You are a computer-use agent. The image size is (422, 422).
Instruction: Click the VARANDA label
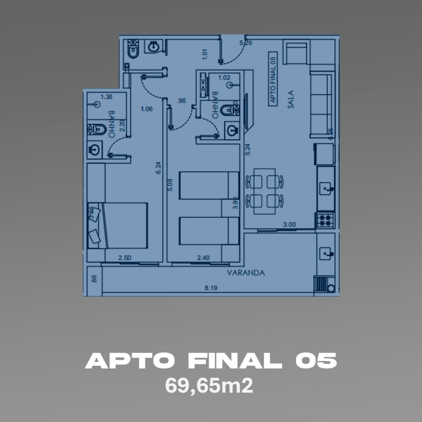click(x=245, y=273)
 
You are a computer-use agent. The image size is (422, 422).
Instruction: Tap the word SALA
click(x=290, y=100)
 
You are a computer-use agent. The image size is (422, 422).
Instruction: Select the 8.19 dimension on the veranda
click(x=211, y=288)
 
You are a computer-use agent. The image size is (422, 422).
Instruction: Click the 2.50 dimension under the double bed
click(x=124, y=258)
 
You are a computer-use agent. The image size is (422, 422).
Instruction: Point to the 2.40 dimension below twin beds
click(x=203, y=258)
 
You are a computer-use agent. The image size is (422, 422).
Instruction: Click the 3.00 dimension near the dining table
click(x=289, y=224)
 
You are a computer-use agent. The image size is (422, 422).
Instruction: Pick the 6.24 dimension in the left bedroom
click(x=159, y=167)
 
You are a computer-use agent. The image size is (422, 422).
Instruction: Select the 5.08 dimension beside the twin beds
click(x=170, y=185)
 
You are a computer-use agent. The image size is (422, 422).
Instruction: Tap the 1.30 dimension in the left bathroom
click(x=106, y=97)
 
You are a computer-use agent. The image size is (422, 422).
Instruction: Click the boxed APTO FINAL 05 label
click(x=272, y=78)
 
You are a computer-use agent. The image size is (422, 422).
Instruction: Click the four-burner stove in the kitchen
click(x=325, y=220)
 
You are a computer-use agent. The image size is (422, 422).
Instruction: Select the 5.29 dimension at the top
click(x=245, y=43)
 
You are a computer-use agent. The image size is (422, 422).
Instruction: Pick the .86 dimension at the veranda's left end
click(x=94, y=279)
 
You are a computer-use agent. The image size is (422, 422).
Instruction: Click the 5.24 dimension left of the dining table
click(x=248, y=150)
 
